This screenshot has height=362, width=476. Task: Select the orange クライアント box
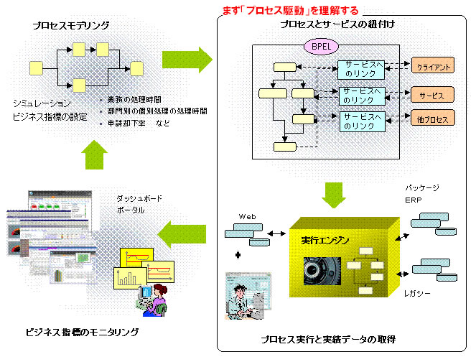point(433,67)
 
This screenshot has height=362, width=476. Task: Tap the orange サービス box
point(433,95)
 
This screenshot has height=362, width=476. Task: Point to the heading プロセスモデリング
point(71,25)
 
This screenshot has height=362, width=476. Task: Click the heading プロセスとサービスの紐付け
point(337,25)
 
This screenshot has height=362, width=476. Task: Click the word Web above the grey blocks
point(247,215)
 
